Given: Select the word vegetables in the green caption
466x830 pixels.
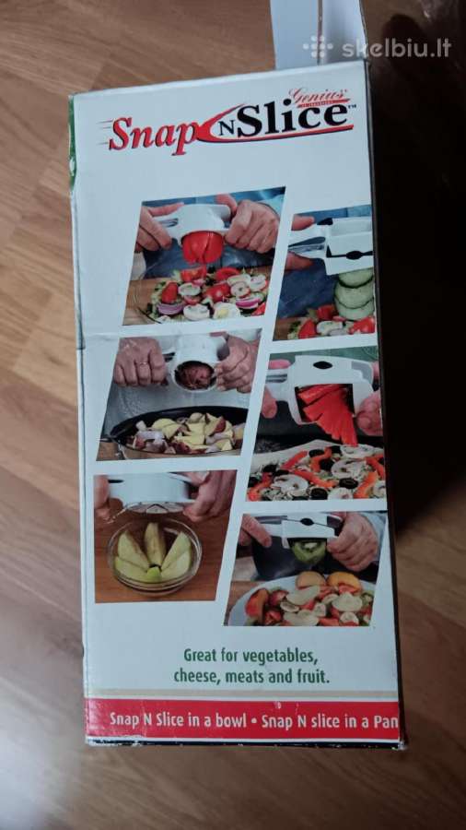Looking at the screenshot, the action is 279,657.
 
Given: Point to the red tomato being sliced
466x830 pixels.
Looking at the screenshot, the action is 203,247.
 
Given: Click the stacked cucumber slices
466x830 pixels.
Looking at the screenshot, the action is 355,293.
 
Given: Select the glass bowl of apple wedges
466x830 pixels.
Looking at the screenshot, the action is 155,557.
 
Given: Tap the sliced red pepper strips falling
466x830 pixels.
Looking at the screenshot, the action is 330,410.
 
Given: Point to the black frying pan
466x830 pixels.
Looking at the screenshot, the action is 174,432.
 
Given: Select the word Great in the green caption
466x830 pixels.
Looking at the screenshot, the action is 199,657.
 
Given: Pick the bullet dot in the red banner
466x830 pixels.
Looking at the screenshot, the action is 253,721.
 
